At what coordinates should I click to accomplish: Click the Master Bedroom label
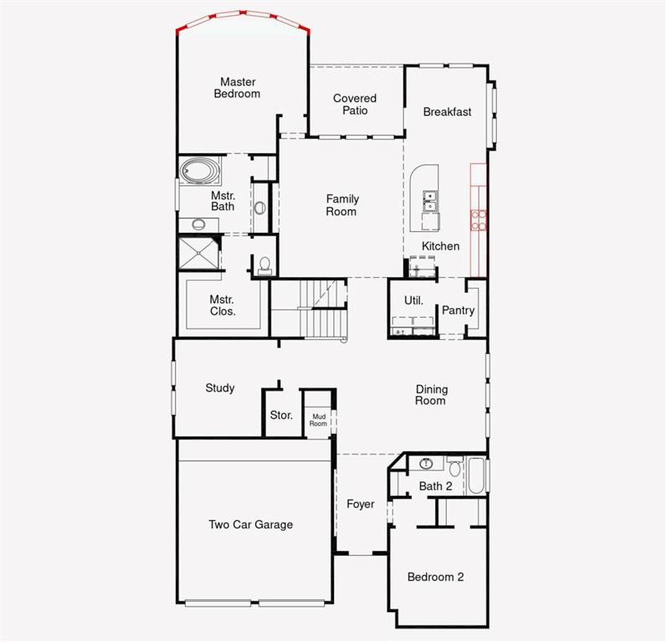tap(237, 88)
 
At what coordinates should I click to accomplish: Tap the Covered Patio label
tap(355, 105)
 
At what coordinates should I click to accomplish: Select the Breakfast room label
tap(447, 112)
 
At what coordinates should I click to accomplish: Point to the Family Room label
tap(342, 205)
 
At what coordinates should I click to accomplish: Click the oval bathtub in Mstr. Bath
tap(199, 172)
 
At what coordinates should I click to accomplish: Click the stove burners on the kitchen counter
tap(479, 219)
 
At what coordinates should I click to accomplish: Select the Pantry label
tap(458, 311)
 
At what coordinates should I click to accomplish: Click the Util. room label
tap(413, 301)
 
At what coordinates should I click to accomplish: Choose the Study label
tap(220, 388)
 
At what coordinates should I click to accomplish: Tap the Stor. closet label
tap(281, 415)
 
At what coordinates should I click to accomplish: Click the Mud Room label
tap(319, 419)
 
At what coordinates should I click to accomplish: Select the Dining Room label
tap(431, 395)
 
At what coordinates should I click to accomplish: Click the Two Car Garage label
tap(251, 525)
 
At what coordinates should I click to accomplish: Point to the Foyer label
tap(361, 504)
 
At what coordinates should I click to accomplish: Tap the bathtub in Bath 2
tap(477, 476)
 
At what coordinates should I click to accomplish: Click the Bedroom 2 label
tap(435, 577)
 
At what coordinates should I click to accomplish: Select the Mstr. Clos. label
tap(223, 306)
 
